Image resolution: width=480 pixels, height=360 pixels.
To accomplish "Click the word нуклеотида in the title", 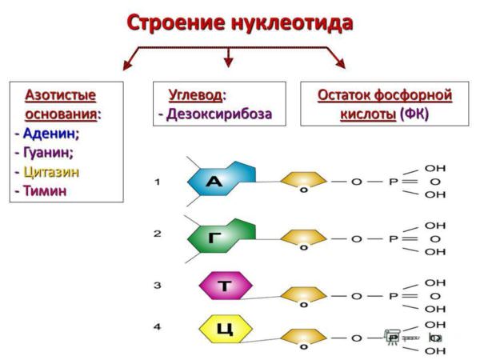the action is coord(292,22).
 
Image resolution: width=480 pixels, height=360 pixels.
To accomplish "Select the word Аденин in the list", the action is coord(51,134).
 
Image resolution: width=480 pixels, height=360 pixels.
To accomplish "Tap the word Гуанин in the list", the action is coord(48,153).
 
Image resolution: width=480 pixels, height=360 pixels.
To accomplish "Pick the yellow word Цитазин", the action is coord(51,172).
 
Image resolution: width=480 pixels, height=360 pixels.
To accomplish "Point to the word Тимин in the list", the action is coord(45,190).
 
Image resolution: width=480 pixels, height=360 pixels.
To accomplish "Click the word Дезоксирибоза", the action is coord(219,114).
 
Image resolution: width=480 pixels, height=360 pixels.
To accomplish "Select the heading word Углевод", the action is coord(196,95).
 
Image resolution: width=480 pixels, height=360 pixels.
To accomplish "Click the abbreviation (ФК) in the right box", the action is coord(414,114).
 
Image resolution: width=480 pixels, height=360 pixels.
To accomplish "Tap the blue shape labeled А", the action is coord(222,178).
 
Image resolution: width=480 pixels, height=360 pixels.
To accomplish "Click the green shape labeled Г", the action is coord(222,236).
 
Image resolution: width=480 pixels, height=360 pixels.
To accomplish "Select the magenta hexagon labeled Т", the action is coord(226,286).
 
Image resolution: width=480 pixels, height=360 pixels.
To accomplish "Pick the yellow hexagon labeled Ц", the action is coord(226,330).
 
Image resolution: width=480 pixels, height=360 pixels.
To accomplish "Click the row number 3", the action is coord(158,286).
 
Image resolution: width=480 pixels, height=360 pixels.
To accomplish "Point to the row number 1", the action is coord(158,182).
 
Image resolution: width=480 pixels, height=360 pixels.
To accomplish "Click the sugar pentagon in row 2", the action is coord(304,239).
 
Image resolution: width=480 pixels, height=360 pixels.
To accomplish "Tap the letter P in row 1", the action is coord(393,182).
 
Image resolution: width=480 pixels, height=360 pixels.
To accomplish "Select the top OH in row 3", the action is coord(435,283).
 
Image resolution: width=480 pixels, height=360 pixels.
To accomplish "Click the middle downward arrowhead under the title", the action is coord(228,62).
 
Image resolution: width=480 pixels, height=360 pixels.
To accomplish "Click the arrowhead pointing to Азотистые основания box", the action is coord(127,65).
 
